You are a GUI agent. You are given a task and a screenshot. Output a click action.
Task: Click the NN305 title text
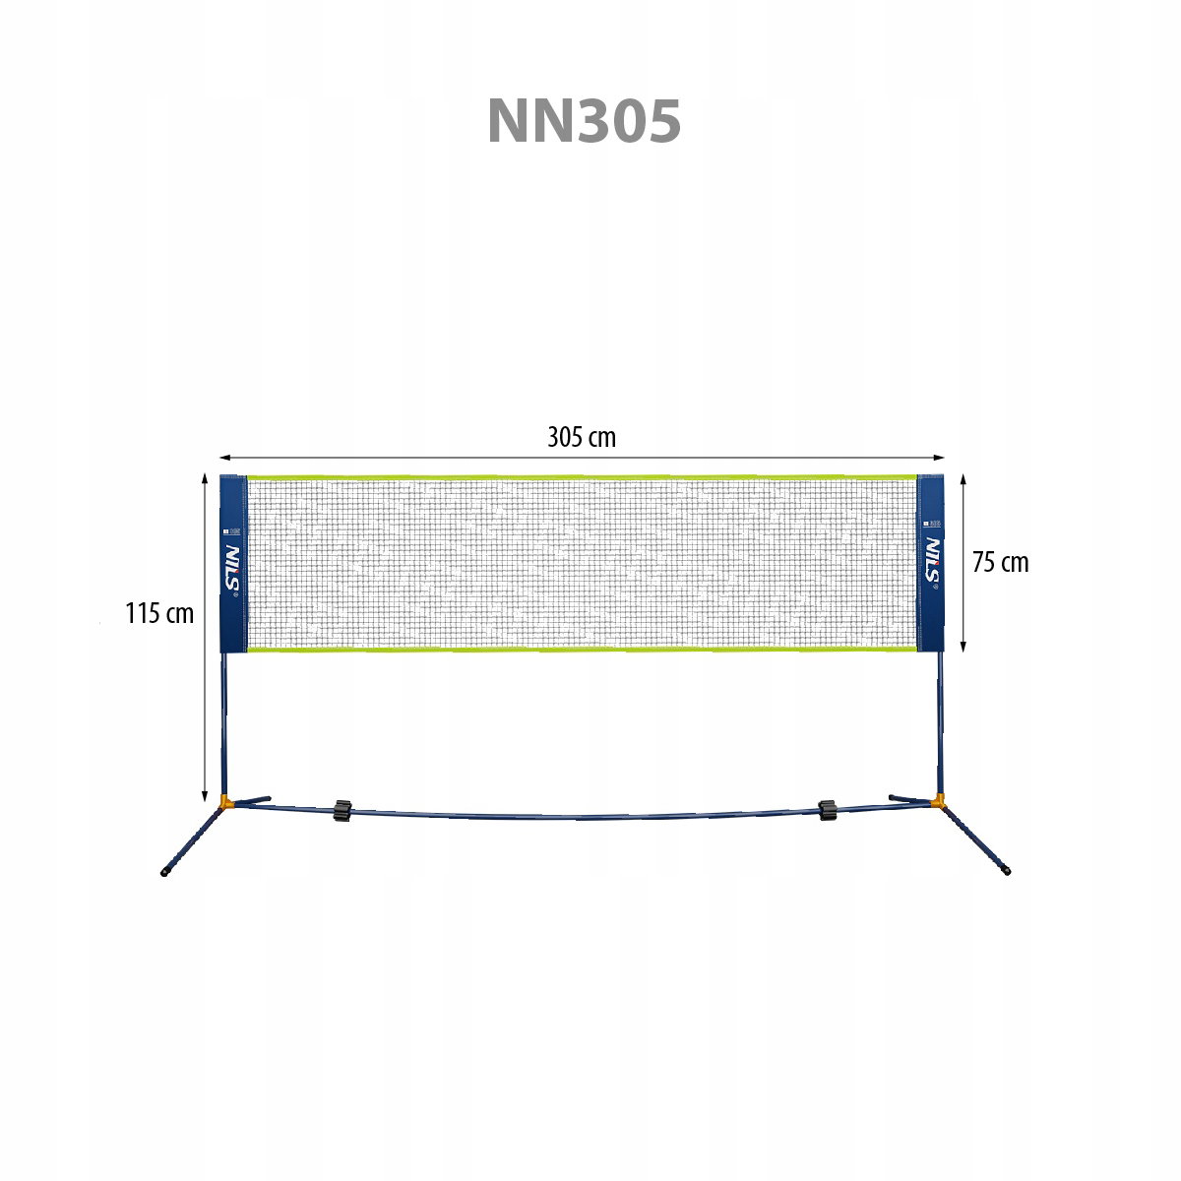coord(584,121)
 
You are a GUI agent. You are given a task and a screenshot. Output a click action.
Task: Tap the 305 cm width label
coord(581,438)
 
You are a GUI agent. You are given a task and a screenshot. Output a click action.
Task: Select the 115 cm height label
coord(159,613)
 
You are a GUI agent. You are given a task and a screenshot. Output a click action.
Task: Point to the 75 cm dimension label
coord(1000,563)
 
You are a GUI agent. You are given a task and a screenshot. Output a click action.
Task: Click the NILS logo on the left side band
coord(233,567)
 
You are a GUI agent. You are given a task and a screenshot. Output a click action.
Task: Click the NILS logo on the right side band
coord(932,560)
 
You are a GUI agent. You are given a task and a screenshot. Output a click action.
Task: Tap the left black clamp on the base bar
coord(342,810)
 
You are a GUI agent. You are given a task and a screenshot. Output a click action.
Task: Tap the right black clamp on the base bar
coord(828,810)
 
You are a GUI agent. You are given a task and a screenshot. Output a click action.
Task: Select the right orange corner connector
coord(937,800)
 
